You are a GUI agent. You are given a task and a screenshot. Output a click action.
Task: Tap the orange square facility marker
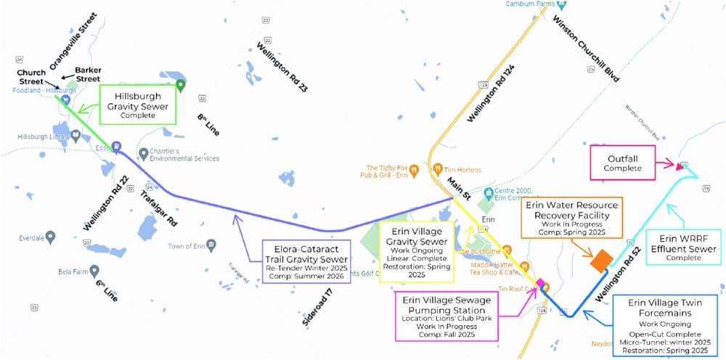pos(600,261)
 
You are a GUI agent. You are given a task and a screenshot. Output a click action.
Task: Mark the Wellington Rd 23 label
pos(282,67)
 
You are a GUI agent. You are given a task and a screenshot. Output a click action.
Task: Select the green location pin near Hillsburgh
pos(181,85)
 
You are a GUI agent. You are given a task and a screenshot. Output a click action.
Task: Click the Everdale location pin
pos(50,237)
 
